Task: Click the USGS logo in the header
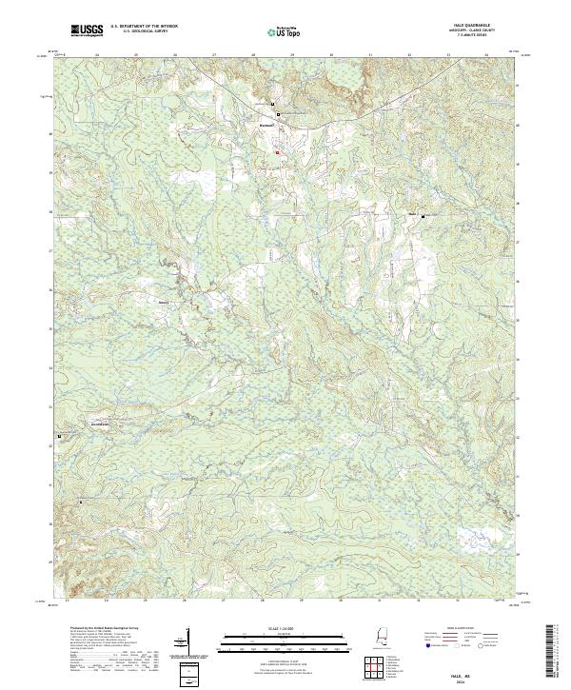tap(87, 31)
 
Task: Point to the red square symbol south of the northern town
tap(276, 152)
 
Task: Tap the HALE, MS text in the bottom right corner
tap(475, 671)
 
